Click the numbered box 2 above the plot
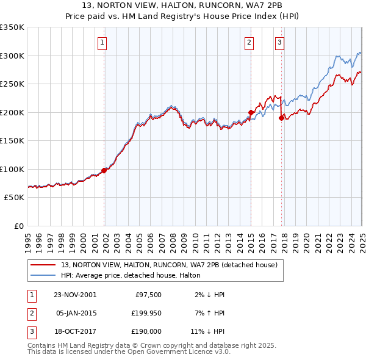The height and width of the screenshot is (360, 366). coord(249,43)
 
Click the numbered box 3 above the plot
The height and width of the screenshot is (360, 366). coord(279,43)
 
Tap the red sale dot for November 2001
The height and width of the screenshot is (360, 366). coord(104,171)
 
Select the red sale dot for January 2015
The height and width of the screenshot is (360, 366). coord(251,112)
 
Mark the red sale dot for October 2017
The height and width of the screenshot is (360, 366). coord(281,118)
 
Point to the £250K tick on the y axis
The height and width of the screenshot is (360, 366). coord(13,84)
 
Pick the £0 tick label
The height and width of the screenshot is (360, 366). coord(20,226)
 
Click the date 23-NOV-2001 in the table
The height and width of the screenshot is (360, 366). coord(75,294)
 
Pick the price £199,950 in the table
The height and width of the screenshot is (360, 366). coord(145,313)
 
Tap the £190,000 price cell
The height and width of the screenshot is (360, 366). coord(145,332)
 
